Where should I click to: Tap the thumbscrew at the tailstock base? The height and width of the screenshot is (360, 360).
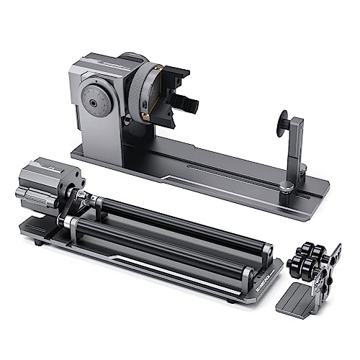[287, 187]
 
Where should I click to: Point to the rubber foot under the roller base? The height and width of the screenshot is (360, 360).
[37, 243]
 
